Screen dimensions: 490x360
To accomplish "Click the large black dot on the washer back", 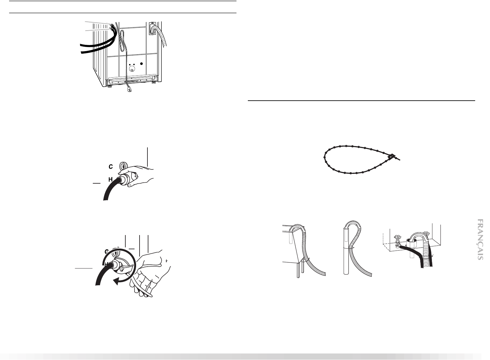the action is coord(141,64).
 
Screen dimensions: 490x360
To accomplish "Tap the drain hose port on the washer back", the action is coord(152,28).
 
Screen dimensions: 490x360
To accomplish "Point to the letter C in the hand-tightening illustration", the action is coord(111,167).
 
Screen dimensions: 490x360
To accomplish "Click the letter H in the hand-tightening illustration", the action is coord(111,180).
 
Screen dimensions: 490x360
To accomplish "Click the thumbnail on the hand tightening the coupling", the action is coord(136,175).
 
